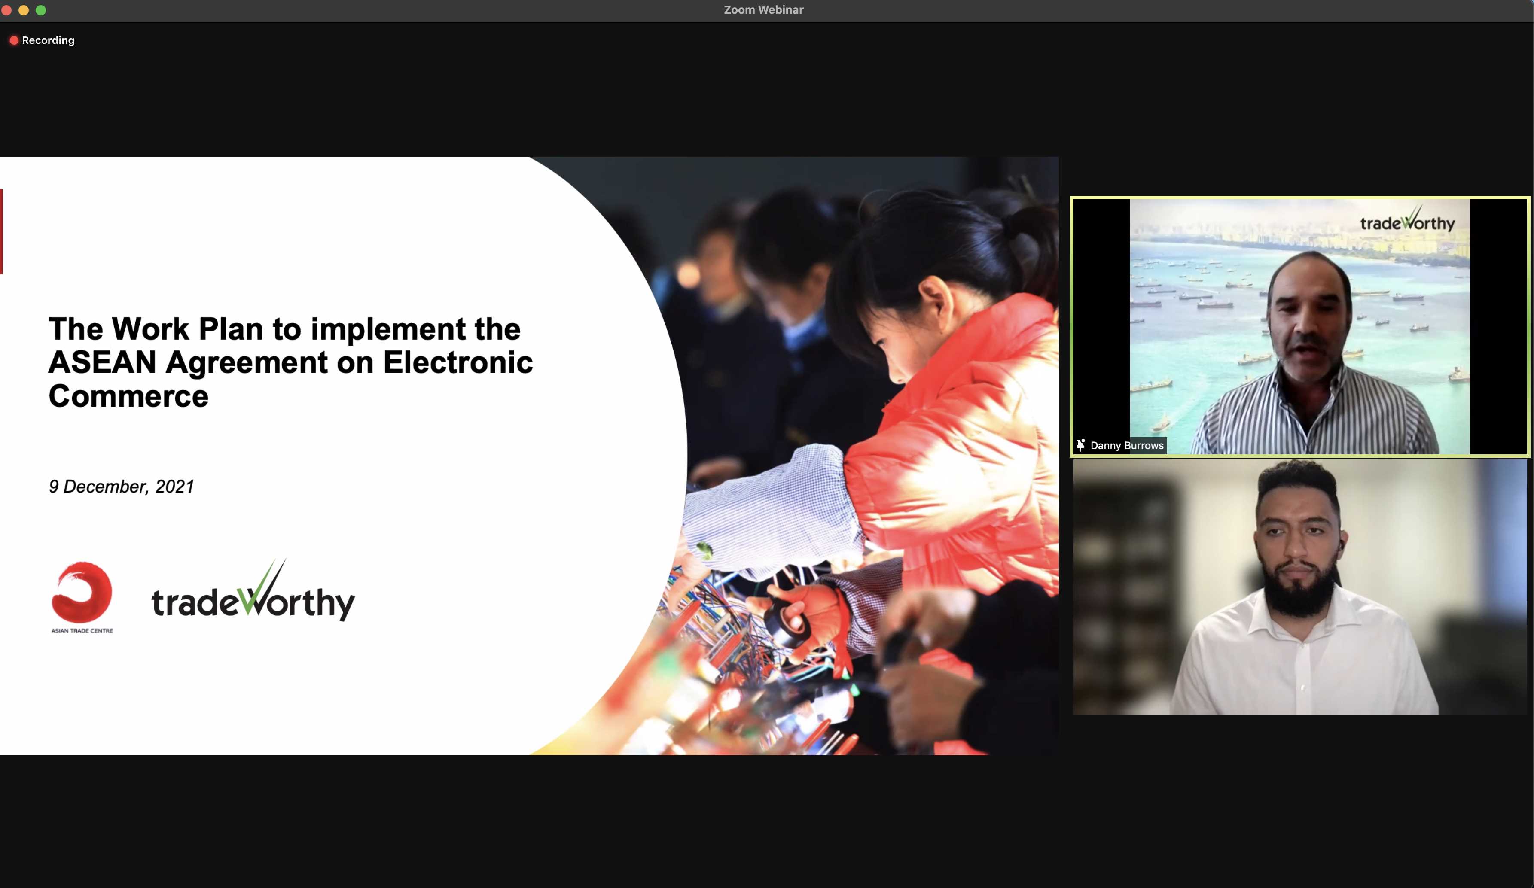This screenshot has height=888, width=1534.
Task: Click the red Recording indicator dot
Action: tap(13, 40)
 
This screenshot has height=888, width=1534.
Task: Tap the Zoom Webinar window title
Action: tap(763, 10)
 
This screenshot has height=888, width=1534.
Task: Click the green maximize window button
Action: tap(41, 10)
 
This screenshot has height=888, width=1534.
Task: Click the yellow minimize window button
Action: tap(24, 10)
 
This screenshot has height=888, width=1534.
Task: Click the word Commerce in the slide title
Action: tap(128, 396)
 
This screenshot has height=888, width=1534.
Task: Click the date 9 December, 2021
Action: tap(121, 487)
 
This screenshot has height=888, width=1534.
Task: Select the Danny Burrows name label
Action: tap(1127, 446)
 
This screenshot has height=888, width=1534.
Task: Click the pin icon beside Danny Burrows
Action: tap(1080, 445)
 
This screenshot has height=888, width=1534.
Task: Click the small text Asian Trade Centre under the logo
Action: tap(82, 630)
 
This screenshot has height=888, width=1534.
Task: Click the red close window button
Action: tap(7, 10)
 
